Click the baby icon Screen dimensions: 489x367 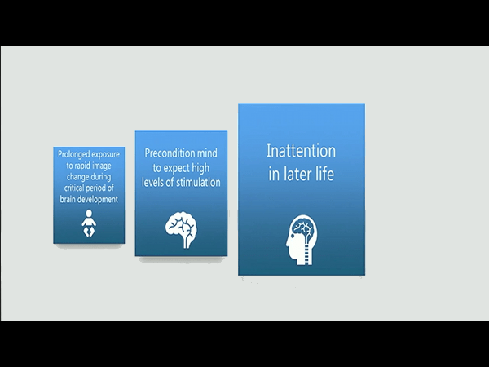tap(89, 223)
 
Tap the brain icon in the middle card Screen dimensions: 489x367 tap(181, 230)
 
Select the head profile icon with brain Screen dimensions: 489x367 tap(302, 240)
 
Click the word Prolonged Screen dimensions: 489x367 tap(73, 154)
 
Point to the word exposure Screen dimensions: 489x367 tap(105, 155)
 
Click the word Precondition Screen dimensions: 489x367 tap(170, 153)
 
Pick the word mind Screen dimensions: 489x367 tap(207, 153)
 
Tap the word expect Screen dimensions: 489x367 tap(177, 168)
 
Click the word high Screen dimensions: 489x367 tap(200, 168)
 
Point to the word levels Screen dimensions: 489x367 tap(152, 182)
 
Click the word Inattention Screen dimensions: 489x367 tap(301, 151)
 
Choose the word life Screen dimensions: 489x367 tap(324, 174)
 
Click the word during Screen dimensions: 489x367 tap(100, 177)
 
